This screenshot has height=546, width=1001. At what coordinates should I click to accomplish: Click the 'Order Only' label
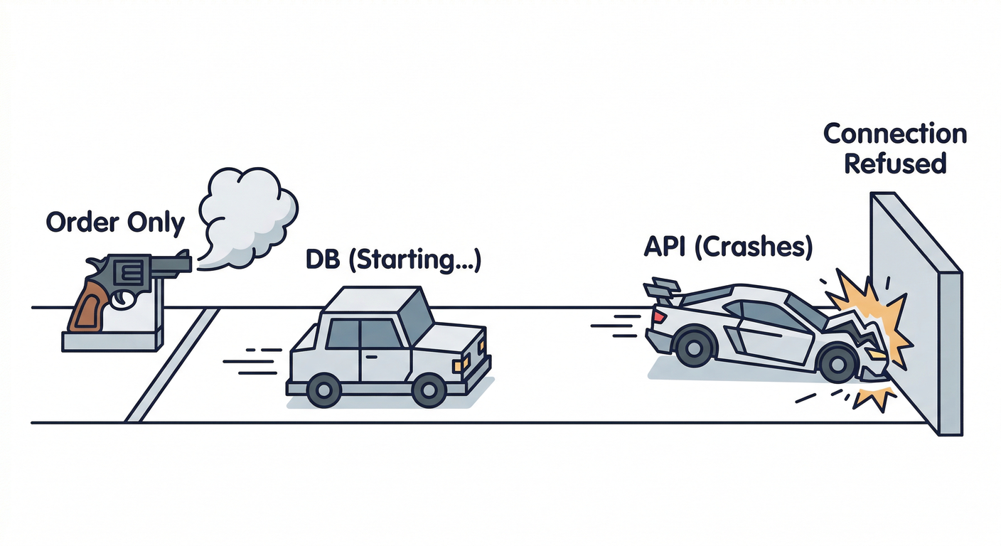(115, 223)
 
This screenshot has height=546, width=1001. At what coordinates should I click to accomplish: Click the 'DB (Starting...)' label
(393, 260)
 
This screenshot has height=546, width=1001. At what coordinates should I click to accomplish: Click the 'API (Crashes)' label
(727, 248)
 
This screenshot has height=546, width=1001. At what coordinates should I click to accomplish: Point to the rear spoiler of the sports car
(660, 289)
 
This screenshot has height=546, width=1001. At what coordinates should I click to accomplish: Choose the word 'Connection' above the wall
(894, 134)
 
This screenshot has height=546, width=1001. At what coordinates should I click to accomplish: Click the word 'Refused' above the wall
(894, 164)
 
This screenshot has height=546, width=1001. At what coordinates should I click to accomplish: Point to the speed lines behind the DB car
(252, 363)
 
